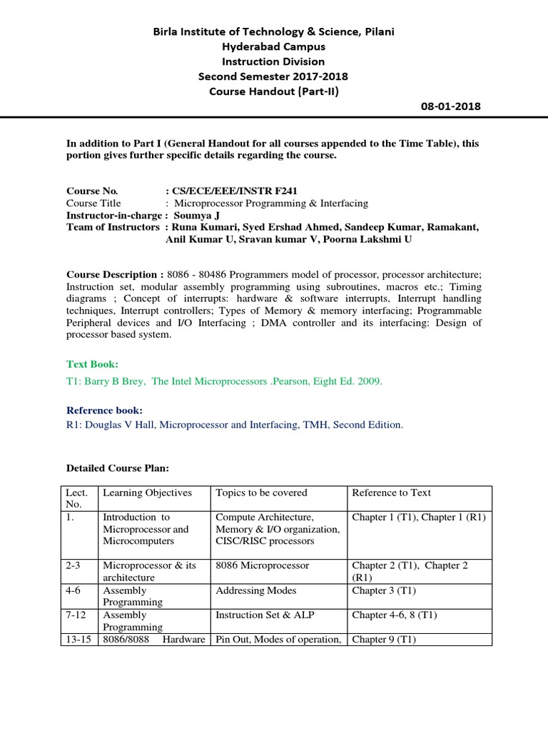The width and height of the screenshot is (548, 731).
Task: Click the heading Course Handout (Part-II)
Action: click(273, 91)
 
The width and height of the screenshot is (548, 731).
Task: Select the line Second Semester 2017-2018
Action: click(273, 76)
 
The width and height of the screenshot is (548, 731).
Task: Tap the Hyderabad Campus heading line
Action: click(273, 46)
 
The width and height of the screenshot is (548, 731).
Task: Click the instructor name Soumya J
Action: click(189, 216)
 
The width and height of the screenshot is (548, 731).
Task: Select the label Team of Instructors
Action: click(113, 227)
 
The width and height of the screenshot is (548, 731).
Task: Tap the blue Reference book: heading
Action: click(104, 410)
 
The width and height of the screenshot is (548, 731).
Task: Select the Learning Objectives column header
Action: click(148, 493)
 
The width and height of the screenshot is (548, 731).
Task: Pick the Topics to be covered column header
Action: click(261, 493)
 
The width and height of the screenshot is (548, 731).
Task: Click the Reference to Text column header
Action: click(392, 493)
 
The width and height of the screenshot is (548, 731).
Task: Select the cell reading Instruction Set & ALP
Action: click(261, 615)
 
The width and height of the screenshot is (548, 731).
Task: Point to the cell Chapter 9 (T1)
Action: click(385, 640)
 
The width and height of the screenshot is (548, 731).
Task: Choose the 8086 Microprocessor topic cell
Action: click(262, 565)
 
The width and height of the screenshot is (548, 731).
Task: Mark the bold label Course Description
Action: click(113, 275)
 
